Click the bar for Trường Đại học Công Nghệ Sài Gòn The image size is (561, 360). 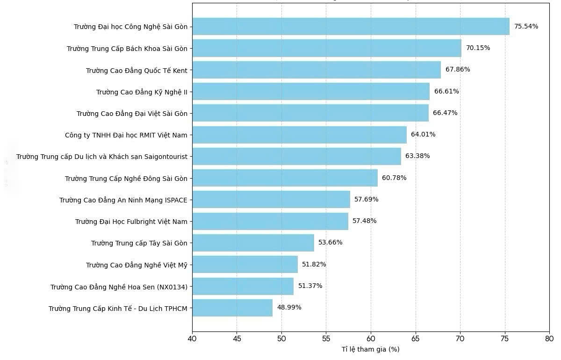pyautogui.click(x=351, y=27)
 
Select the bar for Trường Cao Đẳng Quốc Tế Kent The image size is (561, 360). pyautogui.click(x=316, y=70)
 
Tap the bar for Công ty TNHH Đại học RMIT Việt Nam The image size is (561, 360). pyautogui.click(x=299, y=135)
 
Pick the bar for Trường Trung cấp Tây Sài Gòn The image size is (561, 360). pyautogui.click(x=253, y=243)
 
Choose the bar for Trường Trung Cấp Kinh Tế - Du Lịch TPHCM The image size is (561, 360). pyautogui.click(x=232, y=308)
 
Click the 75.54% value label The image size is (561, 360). pyautogui.click(x=526, y=27)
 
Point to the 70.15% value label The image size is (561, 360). pyautogui.click(x=478, y=48)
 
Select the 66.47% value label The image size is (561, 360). pyautogui.click(x=445, y=113)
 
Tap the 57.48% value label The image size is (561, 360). pyautogui.click(x=364, y=221)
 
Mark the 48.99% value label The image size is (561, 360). pyautogui.click(x=289, y=308)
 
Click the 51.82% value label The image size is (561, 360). pyautogui.click(x=314, y=265)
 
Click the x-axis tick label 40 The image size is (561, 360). pyautogui.click(x=192, y=338)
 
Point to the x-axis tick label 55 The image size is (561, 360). pyautogui.click(x=326, y=338)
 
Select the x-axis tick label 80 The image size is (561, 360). pyautogui.click(x=549, y=338)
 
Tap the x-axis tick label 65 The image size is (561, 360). pyautogui.click(x=416, y=338)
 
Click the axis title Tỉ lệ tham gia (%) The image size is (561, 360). pyautogui.click(x=370, y=350)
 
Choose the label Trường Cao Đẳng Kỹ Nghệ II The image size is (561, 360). pyautogui.click(x=142, y=92)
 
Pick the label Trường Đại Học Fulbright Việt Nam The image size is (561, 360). pyautogui.click(x=131, y=222)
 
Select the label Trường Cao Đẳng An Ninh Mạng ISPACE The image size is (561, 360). pyautogui.click(x=123, y=200)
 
